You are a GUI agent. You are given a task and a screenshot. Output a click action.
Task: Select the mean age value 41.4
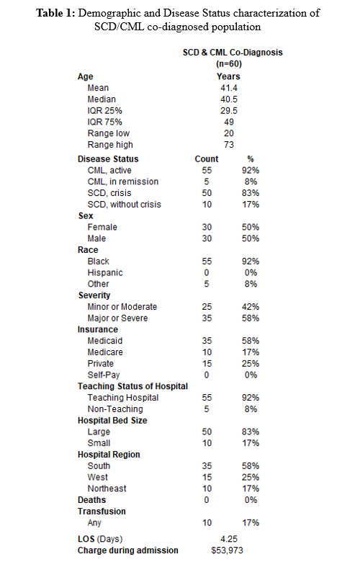228,87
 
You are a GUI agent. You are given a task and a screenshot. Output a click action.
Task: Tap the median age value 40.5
228,99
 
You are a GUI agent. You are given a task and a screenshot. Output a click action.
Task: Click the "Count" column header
207,159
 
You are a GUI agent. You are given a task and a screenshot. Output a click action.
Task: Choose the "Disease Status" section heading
108,159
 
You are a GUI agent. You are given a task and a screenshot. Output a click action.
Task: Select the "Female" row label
103,227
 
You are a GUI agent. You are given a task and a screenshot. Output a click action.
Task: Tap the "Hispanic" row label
105,272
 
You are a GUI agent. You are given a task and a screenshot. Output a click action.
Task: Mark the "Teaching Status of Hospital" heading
132,386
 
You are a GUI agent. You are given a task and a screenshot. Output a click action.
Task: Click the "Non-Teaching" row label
116,409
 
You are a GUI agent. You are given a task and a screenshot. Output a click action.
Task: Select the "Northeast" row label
107,488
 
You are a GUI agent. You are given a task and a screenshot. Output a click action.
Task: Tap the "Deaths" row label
91,499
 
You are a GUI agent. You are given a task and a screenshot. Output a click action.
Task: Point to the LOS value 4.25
228,537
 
